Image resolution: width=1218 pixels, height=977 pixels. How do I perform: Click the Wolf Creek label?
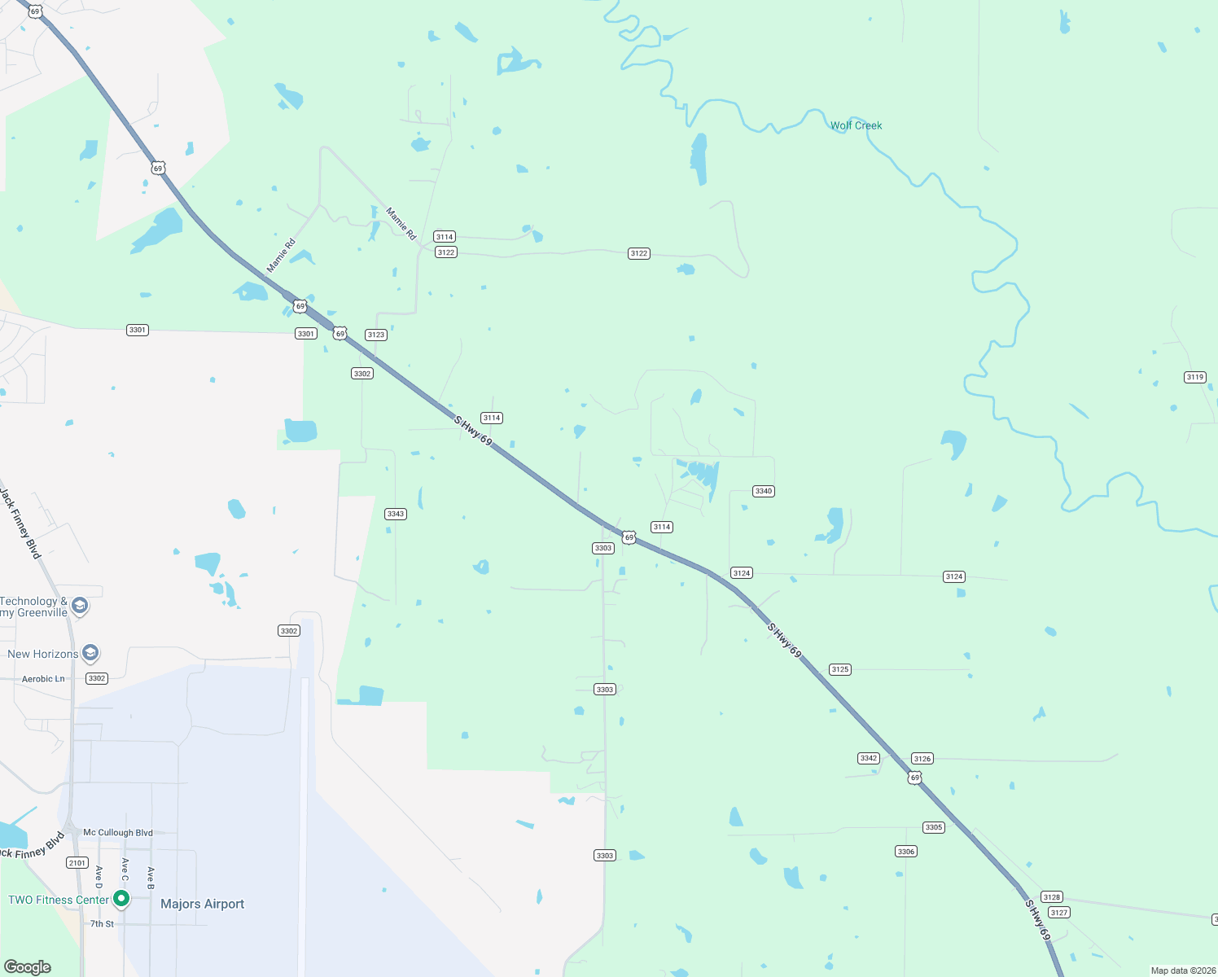tap(856, 125)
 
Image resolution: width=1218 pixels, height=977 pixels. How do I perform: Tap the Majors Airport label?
tap(202, 904)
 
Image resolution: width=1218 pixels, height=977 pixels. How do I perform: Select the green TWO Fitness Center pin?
tap(121, 899)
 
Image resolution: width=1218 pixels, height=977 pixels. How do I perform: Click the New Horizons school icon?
tap(90, 653)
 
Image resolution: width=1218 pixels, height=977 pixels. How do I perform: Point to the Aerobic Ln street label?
tap(43, 679)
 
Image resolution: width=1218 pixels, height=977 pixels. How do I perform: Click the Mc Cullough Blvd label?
tap(118, 833)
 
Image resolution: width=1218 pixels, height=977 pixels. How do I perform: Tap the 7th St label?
tap(103, 924)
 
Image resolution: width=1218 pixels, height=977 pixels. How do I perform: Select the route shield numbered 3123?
tap(375, 335)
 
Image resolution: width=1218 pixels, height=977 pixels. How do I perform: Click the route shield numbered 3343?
tap(396, 514)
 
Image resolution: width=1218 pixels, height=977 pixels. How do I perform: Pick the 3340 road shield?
tap(764, 491)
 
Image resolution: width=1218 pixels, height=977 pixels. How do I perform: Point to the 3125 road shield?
tap(840, 669)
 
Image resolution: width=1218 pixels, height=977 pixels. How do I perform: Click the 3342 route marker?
tap(869, 758)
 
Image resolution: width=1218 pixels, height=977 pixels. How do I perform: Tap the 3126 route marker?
tap(922, 759)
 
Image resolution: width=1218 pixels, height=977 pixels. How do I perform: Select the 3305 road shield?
tap(934, 827)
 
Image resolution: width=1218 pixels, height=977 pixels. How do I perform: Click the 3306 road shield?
tap(906, 852)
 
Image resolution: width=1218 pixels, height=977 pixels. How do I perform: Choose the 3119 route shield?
tap(1195, 377)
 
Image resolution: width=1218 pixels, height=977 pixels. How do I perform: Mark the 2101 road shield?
tap(77, 863)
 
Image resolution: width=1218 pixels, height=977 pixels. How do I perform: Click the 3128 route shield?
tap(1052, 897)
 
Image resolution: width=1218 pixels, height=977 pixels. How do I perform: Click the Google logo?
tap(28, 967)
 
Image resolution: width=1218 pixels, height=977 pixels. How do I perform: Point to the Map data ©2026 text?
tap(1183, 970)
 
